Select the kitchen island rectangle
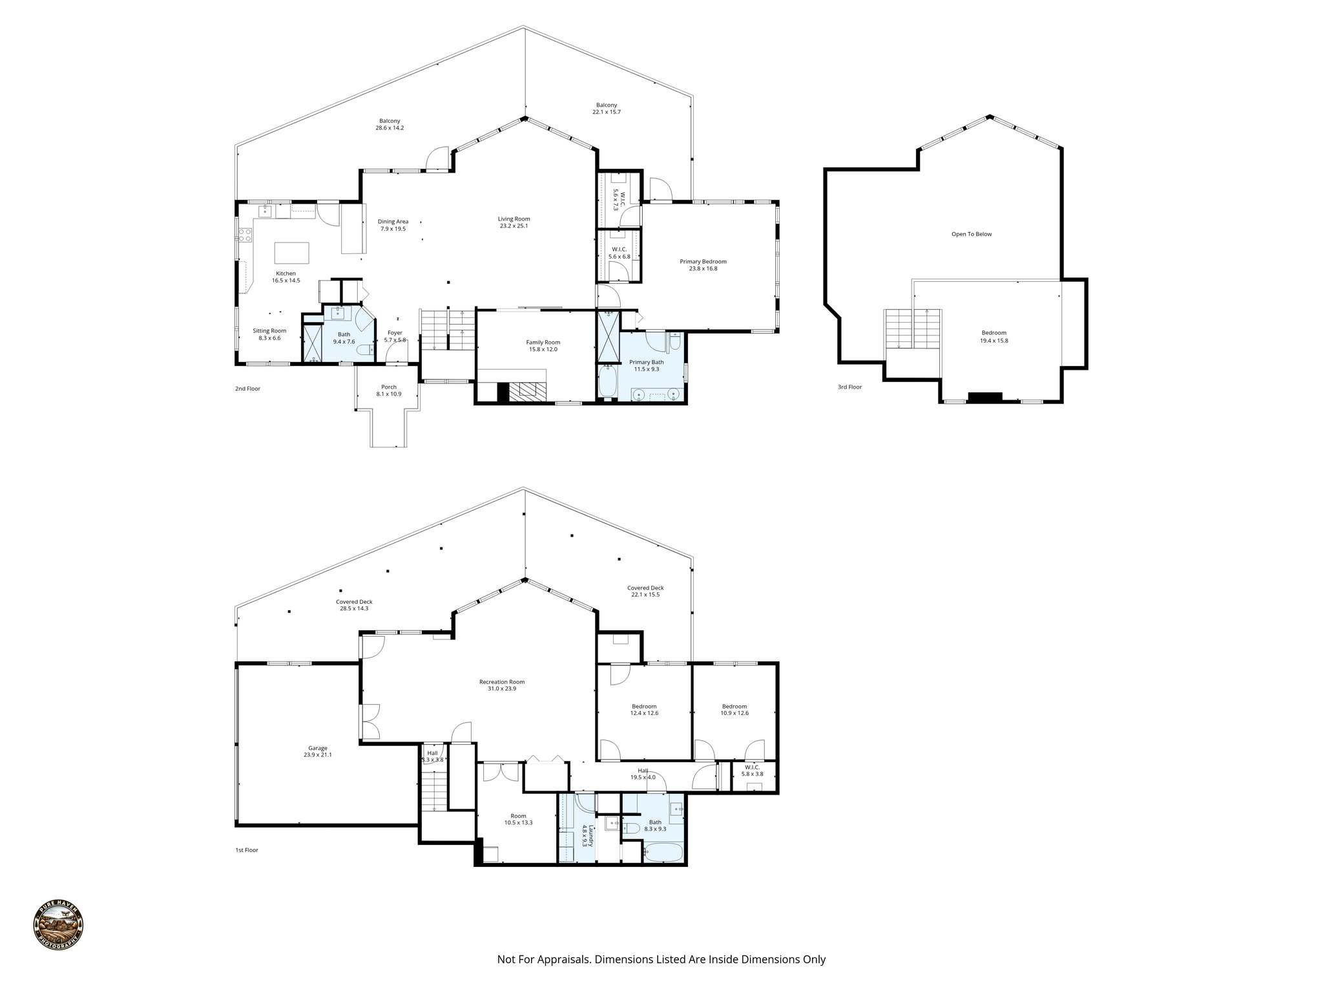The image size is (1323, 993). [292, 251]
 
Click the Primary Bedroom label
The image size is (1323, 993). [703, 261]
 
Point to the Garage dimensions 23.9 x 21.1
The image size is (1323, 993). [317, 754]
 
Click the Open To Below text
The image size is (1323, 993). [971, 234]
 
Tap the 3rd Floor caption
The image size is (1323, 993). [849, 387]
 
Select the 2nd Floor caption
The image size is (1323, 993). [247, 389]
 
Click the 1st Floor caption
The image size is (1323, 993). [246, 850]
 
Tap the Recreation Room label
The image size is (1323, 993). [501, 681]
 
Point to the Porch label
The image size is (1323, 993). [388, 387]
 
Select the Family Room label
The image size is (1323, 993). [543, 342]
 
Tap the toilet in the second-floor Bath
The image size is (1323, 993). [365, 350]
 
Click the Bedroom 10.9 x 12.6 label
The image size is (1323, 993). [734, 706]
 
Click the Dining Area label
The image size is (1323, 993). [393, 221]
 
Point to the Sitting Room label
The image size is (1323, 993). [269, 330]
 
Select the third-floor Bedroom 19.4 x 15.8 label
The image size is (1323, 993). [994, 332]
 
